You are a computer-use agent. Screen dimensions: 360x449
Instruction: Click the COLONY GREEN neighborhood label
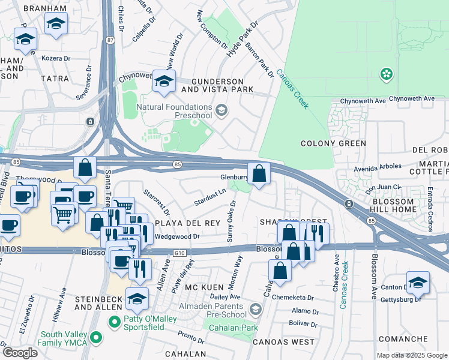click(333, 143)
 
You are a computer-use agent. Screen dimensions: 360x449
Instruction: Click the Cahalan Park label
click(231, 328)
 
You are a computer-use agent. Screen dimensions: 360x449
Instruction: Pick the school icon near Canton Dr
click(418, 283)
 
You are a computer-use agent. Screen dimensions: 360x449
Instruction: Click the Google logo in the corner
click(20, 353)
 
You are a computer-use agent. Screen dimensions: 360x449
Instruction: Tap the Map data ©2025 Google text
click(411, 355)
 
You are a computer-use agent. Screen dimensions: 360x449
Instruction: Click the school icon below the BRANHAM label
click(56, 24)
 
